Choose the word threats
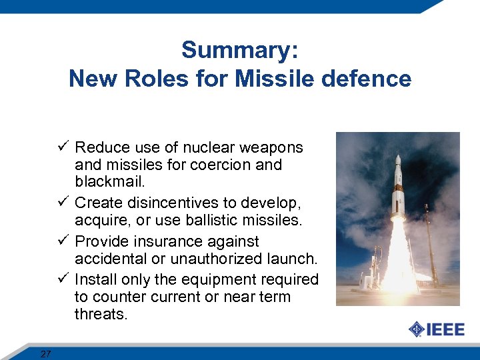pos(100,314)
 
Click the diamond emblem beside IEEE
pos(416,329)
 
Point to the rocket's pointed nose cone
pos(398,159)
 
